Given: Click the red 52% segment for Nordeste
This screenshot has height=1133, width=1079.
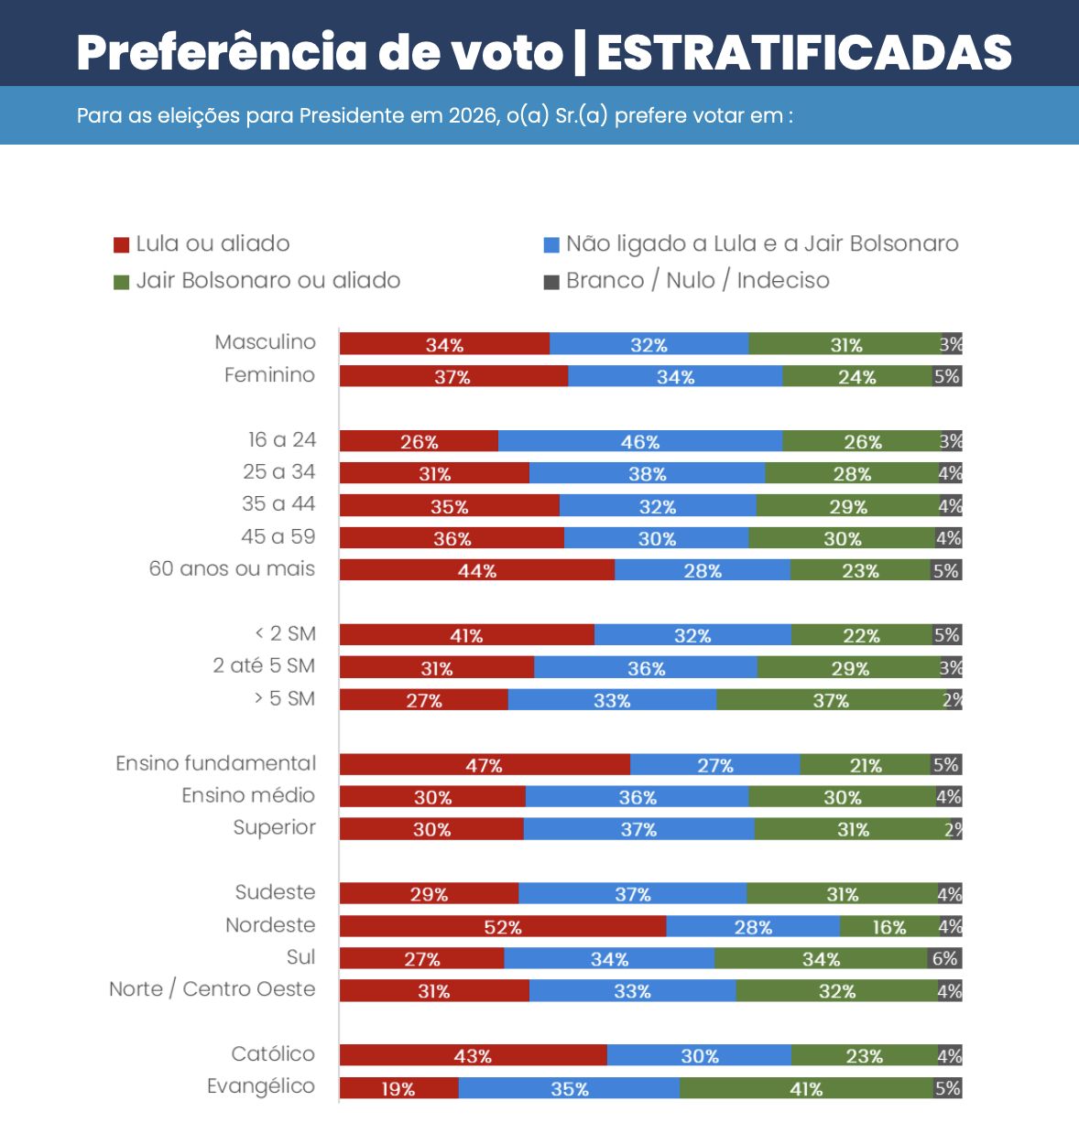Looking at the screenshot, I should point(502,926).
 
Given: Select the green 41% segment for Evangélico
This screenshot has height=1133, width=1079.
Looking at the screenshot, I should point(806,1088).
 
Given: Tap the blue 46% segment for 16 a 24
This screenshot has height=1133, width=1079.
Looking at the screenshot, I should point(639,441).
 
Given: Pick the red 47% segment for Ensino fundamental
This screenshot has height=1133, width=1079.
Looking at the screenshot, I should point(484,765).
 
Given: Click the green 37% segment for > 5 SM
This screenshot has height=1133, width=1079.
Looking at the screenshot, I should point(830,700).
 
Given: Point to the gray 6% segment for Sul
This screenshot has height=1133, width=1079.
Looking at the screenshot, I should point(944,958).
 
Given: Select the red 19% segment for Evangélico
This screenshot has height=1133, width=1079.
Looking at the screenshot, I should point(398,1088).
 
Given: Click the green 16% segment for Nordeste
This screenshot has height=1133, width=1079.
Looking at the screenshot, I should point(888,926).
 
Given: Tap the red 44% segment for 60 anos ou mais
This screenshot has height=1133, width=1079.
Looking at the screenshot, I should point(476,570).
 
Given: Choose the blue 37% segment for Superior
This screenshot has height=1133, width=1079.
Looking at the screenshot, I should point(638,829).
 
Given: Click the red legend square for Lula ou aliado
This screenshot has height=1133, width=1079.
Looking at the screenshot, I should point(121,245).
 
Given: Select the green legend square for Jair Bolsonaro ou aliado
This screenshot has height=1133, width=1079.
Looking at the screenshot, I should point(121,282).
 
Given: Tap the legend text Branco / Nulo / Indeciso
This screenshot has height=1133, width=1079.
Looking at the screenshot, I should point(697,280).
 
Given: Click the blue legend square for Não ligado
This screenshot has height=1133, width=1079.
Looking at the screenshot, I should point(551,245).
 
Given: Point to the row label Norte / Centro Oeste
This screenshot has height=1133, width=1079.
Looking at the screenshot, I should point(212,989).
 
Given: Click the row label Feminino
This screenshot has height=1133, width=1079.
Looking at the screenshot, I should point(269,375).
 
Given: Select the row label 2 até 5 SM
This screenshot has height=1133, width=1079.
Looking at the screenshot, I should point(264,666).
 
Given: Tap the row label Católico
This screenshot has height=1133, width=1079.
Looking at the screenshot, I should point(273,1054).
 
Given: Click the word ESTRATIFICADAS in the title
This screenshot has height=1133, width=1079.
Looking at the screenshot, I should point(804,53).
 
